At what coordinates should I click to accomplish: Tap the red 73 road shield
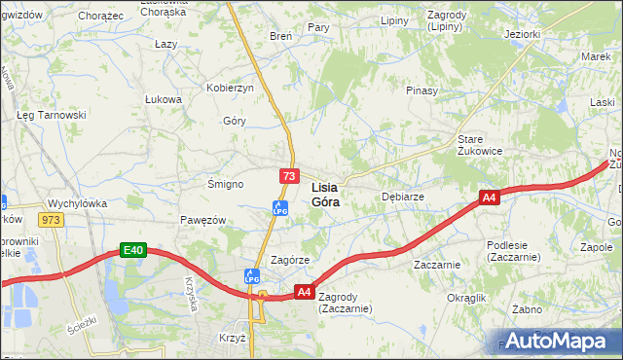pos(288,176)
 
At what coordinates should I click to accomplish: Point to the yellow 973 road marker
pos(52,220)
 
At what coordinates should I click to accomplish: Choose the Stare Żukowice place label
pos(480,145)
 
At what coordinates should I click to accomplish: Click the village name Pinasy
pos(421,90)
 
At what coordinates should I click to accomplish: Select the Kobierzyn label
pos(230,88)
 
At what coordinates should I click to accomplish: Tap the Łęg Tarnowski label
pos(52,114)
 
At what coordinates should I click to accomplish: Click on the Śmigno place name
pos(225,183)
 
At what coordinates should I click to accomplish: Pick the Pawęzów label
pos(202,220)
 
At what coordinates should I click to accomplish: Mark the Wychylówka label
pos(77,203)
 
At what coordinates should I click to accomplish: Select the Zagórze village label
pos(290,260)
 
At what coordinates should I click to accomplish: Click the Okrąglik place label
pos(465,297)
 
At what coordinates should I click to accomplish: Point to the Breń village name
pos(280,36)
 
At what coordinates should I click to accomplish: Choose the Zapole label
pos(596,247)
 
